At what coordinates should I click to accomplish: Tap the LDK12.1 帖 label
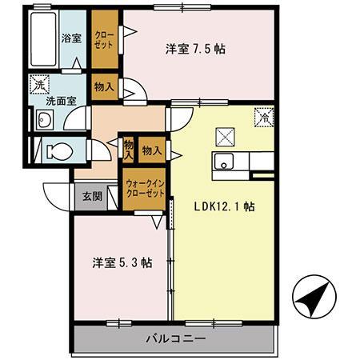click(x=225, y=205)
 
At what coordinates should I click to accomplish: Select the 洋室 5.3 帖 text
click(x=122, y=262)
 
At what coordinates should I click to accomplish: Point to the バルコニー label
click(x=175, y=338)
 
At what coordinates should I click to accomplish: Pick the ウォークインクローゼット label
click(x=145, y=189)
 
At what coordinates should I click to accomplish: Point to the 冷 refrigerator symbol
click(x=262, y=117)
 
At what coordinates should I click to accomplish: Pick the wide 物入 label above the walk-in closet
click(x=152, y=150)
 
